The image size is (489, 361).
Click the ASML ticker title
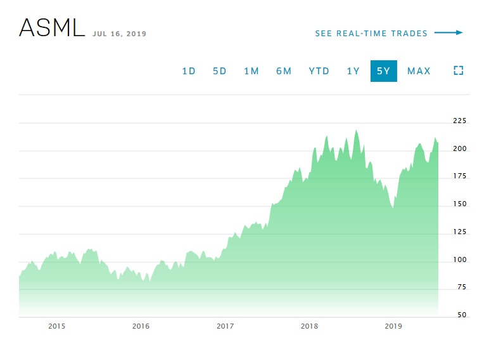[x=52, y=28]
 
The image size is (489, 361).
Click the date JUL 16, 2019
[x=120, y=34]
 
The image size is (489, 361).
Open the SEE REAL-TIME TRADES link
[x=371, y=34]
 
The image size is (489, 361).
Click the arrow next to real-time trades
[x=449, y=33]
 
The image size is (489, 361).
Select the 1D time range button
[x=189, y=71]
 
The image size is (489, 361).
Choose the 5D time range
[x=219, y=71]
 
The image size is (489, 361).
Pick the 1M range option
[x=251, y=71]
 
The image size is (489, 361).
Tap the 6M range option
[x=284, y=71]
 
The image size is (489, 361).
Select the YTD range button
[x=319, y=71]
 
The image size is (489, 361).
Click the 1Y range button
[x=353, y=71]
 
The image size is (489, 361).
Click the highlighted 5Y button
[x=384, y=71]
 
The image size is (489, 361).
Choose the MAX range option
[x=419, y=71]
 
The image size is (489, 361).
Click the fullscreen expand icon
[x=459, y=71]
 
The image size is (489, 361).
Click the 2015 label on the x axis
[x=57, y=326]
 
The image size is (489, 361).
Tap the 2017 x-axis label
[x=225, y=326]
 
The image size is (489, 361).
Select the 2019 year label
[x=393, y=326]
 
